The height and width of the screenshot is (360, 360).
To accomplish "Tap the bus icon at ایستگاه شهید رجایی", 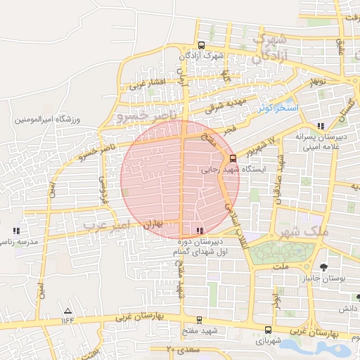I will pyautogui.click(x=233, y=158).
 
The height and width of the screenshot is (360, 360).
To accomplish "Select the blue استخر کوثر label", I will pyautogui.click(x=278, y=108).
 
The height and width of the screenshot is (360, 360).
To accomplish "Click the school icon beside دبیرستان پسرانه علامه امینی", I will pyautogui.click(x=321, y=126).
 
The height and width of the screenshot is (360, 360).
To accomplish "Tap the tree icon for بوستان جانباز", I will pyautogui.click(x=323, y=266).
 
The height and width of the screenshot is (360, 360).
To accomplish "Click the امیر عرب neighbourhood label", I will pyautogui.click(x=105, y=225).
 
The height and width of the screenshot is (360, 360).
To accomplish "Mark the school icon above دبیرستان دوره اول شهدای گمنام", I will pyautogui.click(x=201, y=231).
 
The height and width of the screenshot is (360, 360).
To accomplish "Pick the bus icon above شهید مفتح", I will pyautogui.click(x=199, y=319).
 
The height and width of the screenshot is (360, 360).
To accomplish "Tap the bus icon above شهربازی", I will pyautogui.click(x=268, y=329).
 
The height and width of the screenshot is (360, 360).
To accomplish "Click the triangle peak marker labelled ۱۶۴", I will pyautogui.click(x=67, y=311).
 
